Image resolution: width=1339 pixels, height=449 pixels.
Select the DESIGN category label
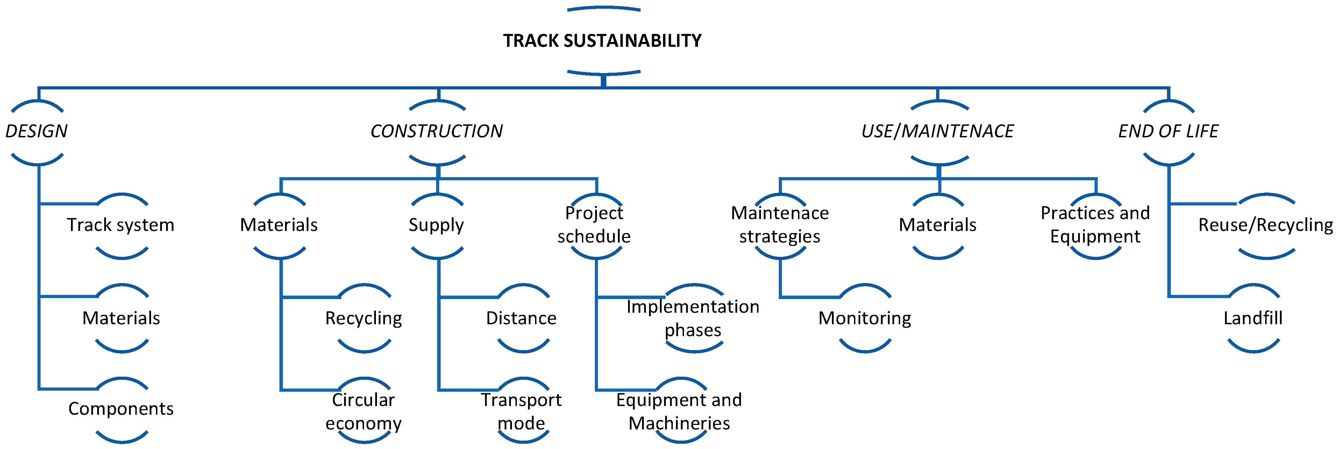point(36,131)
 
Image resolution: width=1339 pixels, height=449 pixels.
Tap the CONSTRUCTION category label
point(437,131)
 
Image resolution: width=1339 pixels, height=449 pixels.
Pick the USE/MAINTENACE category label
point(937,131)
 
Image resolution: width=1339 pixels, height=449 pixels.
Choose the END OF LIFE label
point(1168,131)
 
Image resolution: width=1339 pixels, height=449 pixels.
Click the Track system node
point(121,225)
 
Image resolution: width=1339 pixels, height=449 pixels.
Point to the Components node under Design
point(121,409)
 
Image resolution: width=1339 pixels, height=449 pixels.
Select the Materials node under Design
point(121,318)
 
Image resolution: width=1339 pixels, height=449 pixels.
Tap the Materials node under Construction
point(279,225)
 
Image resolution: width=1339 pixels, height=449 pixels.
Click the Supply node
point(436,225)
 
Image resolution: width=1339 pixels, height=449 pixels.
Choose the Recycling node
point(363,318)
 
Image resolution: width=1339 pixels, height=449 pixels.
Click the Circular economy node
point(363,411)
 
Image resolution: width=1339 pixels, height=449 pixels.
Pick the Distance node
point(521,318)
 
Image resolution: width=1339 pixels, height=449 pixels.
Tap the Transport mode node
point(521,411)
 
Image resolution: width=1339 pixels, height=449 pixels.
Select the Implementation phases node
point(693,318)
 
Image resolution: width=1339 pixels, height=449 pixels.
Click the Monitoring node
point(864,318)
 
